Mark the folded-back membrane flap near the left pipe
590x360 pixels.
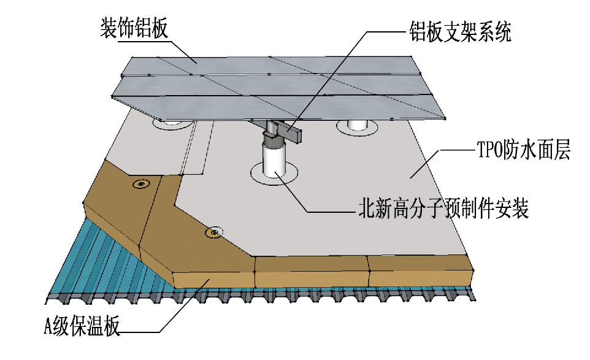[x=196, y=150]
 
